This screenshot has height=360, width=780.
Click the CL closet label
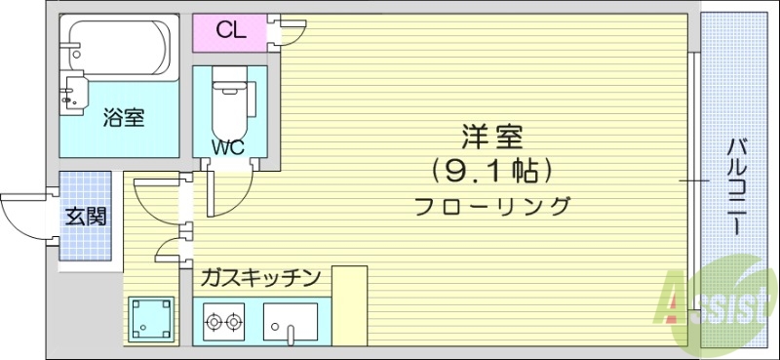click(x=230, y=30)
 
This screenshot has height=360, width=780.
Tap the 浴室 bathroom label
click(x=124, y=118)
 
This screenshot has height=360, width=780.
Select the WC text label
click(x=229, y=148)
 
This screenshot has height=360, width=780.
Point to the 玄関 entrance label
click(x=85, y=216)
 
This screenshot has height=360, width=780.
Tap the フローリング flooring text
click(x=491, y=207)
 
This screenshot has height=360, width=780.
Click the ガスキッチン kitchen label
click(x=260, y=278)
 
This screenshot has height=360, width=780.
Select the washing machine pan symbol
click(x=151, y=318)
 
